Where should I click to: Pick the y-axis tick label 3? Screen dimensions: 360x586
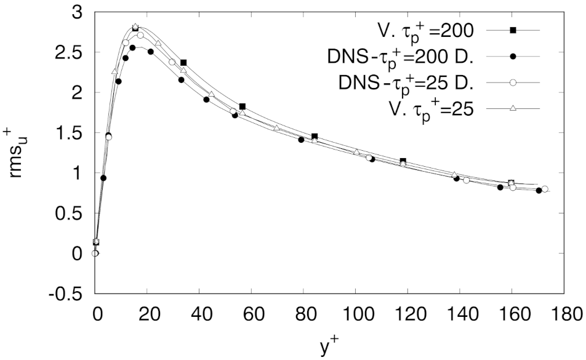[x=78, y=12]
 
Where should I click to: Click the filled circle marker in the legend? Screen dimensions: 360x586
[x=512, y=55]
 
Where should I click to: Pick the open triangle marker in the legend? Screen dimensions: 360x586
[x=512, y=108]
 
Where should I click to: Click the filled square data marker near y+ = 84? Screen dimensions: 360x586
[x=315, y=136]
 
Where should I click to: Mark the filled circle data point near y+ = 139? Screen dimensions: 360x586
[x=456, y=178]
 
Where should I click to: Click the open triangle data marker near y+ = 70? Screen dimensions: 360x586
[x=277, y=127]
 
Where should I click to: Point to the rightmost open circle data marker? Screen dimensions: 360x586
[x=545, y=189]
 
